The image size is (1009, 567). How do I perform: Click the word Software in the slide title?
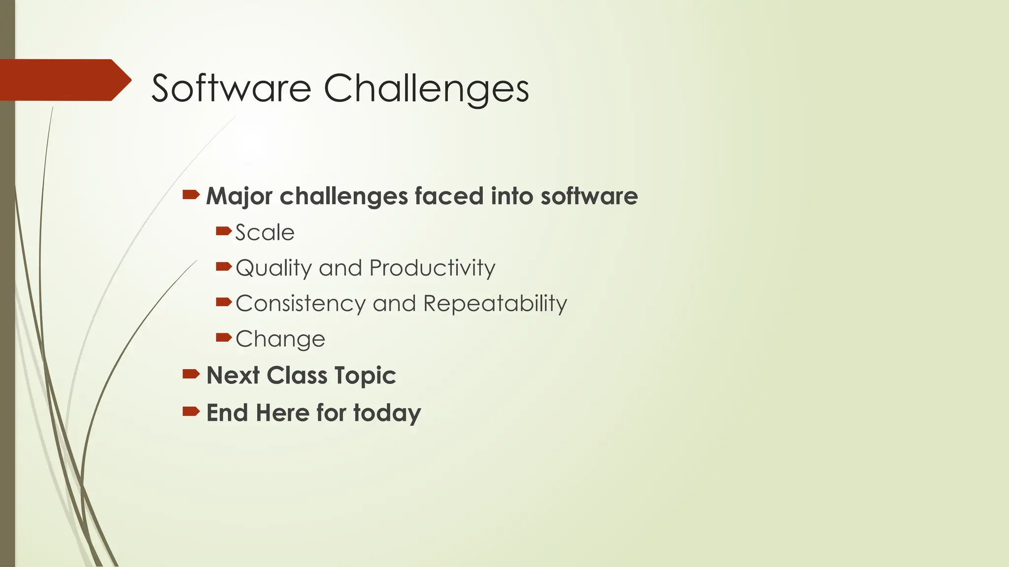[231, 88]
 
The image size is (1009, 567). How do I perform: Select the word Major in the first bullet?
[239, 196]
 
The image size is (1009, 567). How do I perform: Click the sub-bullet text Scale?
[265, 232]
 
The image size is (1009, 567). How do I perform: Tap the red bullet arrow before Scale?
[223, 231]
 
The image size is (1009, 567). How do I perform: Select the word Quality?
[273, 269]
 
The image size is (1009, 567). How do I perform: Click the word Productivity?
[432, 269]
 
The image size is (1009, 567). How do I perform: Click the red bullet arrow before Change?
[223, 337]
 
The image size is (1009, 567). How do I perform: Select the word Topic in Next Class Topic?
[365, 376]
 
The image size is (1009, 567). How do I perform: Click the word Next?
[233, 376]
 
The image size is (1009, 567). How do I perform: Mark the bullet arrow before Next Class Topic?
[191, 374]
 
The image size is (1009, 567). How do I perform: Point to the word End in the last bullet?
[227, 413]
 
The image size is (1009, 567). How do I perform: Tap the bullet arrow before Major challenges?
[191, 195]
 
